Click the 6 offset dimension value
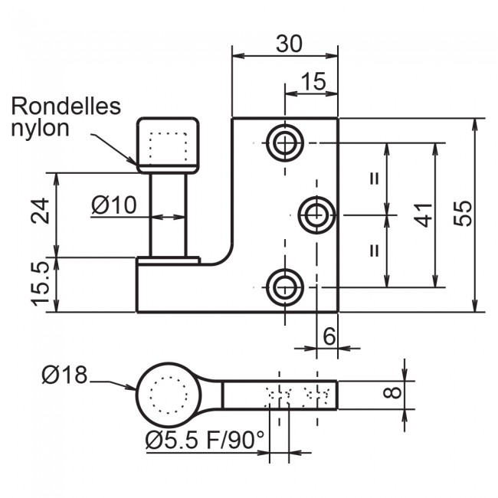click(329, 336)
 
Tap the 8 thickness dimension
click(392, 394)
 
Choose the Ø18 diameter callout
click(64, 375)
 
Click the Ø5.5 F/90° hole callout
click(205, 440)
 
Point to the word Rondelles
click(66, 106)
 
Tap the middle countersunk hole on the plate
click(316, 215)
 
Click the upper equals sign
click(375, 179)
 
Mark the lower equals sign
click(375, 251)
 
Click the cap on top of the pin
click(168, 143)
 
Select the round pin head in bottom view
click(168, 395)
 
